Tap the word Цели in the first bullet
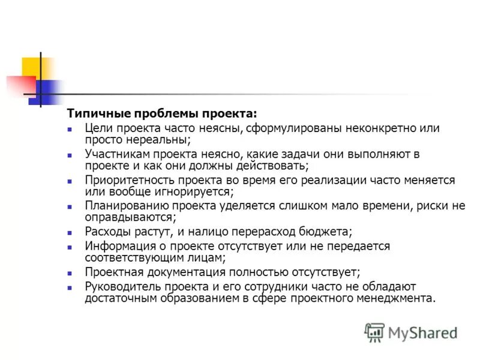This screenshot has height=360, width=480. (98, 128)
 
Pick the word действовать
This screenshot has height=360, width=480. (273, 165)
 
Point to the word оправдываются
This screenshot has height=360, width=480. (129, 217)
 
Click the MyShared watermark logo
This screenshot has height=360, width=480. (410, 332)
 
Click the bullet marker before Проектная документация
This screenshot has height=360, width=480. (70, 272)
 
